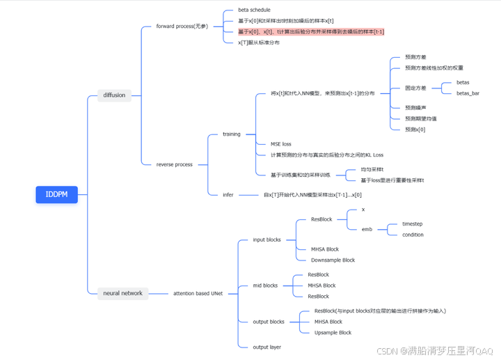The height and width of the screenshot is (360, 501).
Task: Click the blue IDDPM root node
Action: [x=56, y=194]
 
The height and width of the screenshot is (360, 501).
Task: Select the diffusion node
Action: [x=114, y=95]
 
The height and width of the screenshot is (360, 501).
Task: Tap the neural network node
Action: [x=122, y=293]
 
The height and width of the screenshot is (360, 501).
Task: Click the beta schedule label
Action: [x=254, y=10]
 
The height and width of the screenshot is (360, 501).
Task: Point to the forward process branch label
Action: [x=182, y=26]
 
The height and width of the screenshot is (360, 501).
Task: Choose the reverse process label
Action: [x=175, y=164]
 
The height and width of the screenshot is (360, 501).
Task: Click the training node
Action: [x=232, y=134]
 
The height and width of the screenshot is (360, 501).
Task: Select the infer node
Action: [x=228, y=195]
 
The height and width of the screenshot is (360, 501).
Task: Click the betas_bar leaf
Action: [x=468, y=93]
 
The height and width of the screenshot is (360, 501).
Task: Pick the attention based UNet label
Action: [x=198, y=293]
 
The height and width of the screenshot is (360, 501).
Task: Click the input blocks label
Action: [x=267, y=240]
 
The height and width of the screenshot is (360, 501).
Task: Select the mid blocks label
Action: [x=265, y=285]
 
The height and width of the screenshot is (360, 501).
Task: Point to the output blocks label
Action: [x=269, y=322]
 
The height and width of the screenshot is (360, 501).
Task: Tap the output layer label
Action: [x=267, y=347]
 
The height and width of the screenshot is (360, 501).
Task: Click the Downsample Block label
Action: [x=333, y=260]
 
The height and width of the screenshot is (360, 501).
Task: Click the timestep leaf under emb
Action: [x=412, y=224]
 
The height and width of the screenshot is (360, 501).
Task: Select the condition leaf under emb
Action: [x=413, y=235]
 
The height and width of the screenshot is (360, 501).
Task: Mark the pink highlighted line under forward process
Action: [x=311, y=31]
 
